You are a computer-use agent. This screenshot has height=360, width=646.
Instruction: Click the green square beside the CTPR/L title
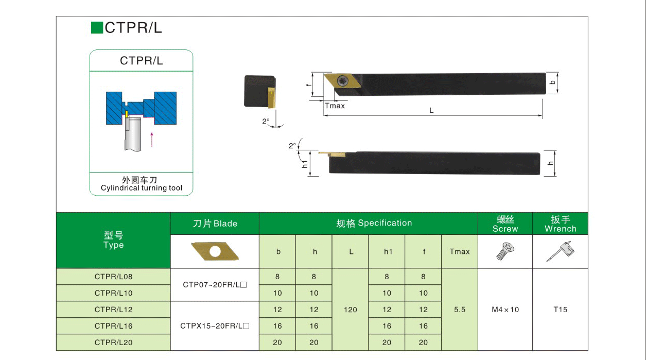coord(97,28)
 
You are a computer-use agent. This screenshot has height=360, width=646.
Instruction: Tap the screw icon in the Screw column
coord(504,252)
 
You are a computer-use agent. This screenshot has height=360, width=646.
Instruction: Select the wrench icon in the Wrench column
coord(560,252)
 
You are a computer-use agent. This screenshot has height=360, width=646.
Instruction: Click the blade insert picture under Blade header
coord(215,252)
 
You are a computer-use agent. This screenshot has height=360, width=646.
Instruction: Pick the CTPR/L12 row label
coord(113,310)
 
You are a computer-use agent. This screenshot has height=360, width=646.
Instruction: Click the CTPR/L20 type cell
coord(113,342)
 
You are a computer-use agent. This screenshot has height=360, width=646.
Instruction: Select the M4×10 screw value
coord(505,310)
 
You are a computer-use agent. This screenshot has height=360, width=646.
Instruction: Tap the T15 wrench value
coord(560,310)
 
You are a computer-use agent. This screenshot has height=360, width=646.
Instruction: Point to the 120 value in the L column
coord(350,310)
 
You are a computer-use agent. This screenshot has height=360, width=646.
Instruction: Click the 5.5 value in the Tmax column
coord(460,310)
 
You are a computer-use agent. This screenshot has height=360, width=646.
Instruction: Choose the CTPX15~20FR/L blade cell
coord(215,326)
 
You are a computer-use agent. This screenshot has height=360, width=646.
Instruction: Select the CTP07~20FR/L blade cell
coord(215,284)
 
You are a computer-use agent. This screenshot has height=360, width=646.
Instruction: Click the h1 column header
coord(387,252)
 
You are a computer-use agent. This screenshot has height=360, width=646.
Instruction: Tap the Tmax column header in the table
coord(460,252)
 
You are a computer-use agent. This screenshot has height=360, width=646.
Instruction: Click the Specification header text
coord(374,223)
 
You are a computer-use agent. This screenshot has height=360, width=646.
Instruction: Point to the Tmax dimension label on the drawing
coord(335,106)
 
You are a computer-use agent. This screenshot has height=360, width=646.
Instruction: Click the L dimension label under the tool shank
coord(431,110)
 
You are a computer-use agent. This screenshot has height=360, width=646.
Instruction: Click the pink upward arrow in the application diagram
coord(151,139)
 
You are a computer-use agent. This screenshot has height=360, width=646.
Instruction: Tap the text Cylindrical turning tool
coord(141,188)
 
